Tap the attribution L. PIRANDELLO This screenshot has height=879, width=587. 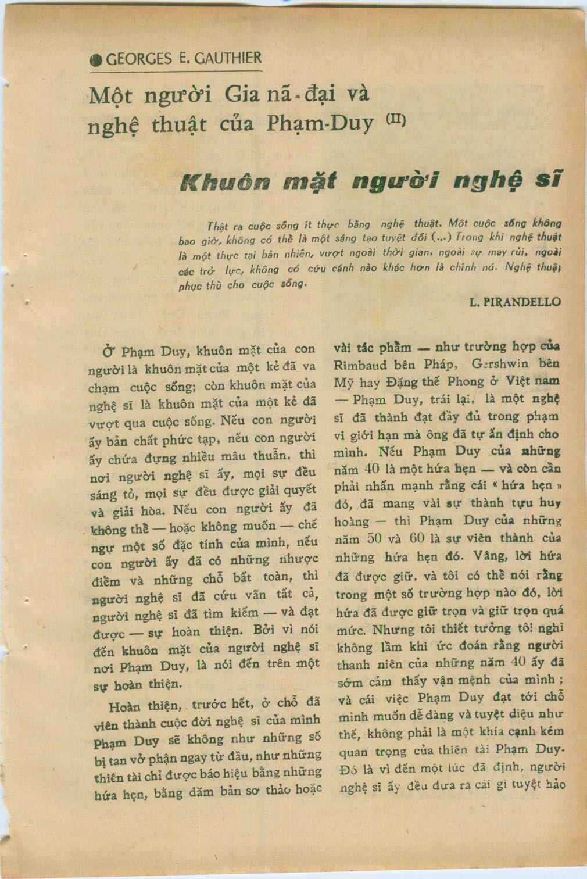pyautogui.click(x=514, y=302)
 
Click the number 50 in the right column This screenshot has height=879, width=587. pyautogui.click(x=375, y=538)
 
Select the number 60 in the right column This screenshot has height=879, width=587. pyautogui.click(x=417, y=538)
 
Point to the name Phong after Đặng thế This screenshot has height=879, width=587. pyautogui.click(x=466, y=382)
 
